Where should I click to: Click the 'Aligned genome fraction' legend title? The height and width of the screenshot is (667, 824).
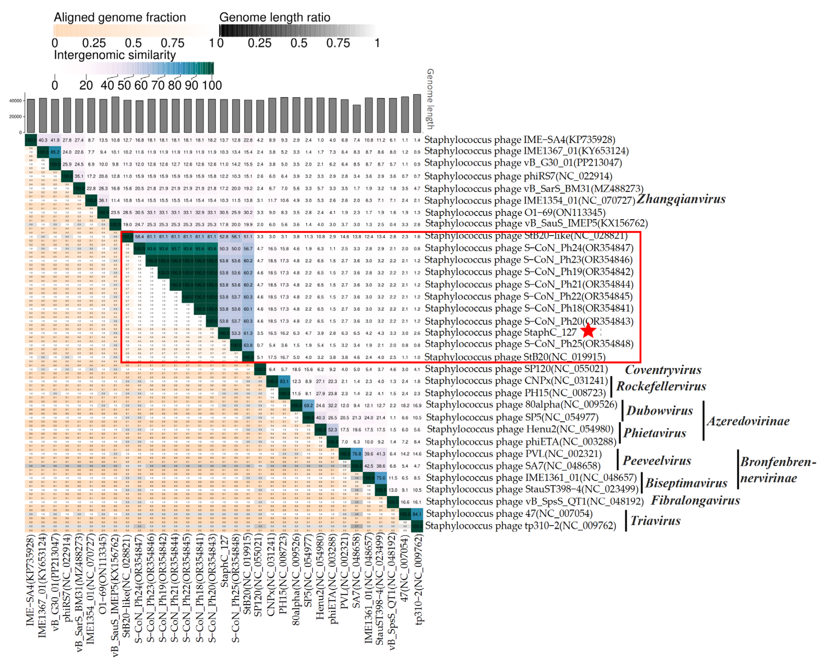120,17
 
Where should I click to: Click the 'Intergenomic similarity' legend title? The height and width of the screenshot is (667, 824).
115,55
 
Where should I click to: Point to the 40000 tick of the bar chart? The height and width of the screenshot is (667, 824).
15,101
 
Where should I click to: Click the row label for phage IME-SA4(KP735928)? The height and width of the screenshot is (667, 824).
519,139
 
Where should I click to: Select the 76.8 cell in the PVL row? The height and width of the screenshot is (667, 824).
356,454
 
